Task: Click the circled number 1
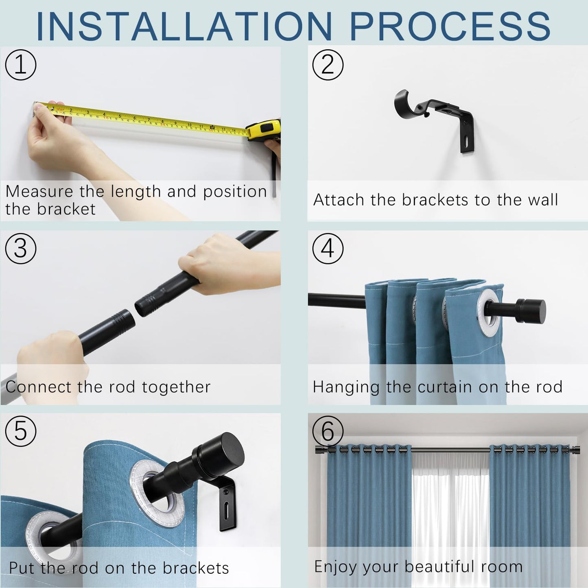point(21,65)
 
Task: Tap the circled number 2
point(328,65)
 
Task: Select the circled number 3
point(21,248)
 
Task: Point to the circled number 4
point(328,248)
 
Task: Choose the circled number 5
point(21,431)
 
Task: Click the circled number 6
point(328,431)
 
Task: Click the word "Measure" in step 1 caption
point(39,192)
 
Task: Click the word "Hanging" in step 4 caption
point(346,387)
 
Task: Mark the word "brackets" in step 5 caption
point(196,568)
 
